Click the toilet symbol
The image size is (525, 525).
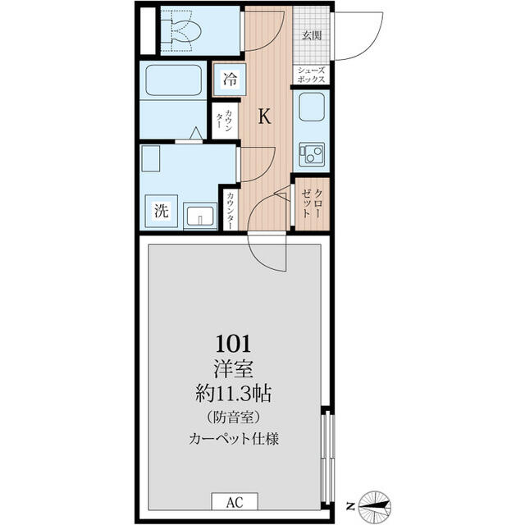coord(180,31)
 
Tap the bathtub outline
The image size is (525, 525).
coord(173,80)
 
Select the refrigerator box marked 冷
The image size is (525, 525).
coord(230,80)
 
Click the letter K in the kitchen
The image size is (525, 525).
coord(264,116)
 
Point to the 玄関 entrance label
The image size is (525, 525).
coord(312,35)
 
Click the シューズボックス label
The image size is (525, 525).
coord(311,75)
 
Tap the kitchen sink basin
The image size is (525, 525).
coord(312,107)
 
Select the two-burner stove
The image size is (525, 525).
coord(312,154)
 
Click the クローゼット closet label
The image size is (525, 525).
coord(312,204)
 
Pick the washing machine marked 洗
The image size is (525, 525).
coord(162,211)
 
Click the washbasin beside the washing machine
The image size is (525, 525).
coord(200,216)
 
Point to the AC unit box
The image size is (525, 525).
coord(235,501)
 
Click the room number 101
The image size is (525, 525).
coord(233,344)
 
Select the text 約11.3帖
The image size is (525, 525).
coord(233,394)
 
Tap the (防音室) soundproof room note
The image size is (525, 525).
coord(233,418)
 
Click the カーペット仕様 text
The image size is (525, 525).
coord(233,438)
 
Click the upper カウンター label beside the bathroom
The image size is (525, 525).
coord(225,120)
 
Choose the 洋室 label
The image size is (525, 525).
coord(233,369)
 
